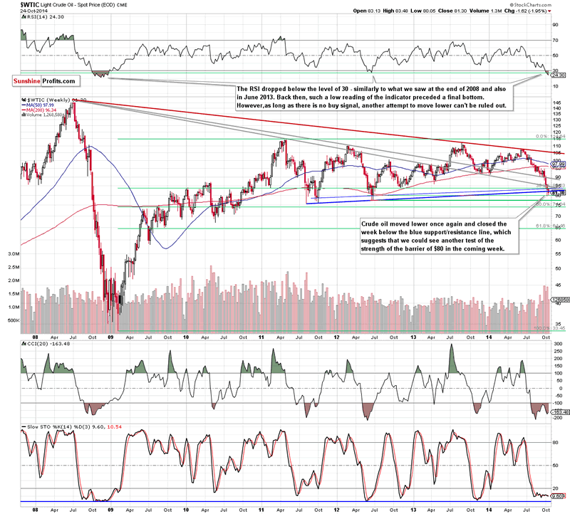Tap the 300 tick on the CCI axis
coord(556,343)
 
